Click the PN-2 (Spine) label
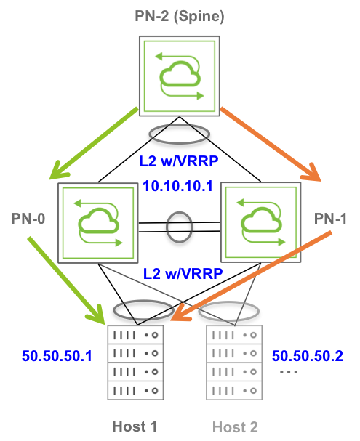180,16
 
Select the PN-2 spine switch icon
180,76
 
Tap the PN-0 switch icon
98,223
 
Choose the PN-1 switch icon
261,222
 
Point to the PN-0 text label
28,219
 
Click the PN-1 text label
330,219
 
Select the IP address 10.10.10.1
178,186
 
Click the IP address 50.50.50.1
57,356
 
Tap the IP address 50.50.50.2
308,356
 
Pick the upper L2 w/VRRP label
179,161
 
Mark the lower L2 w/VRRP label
183,274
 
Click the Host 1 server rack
135,363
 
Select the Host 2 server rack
234,363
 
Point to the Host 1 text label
135,426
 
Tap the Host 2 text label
235,427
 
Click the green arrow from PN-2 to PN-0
93,143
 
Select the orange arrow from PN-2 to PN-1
271,144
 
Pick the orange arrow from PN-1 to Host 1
252,276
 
